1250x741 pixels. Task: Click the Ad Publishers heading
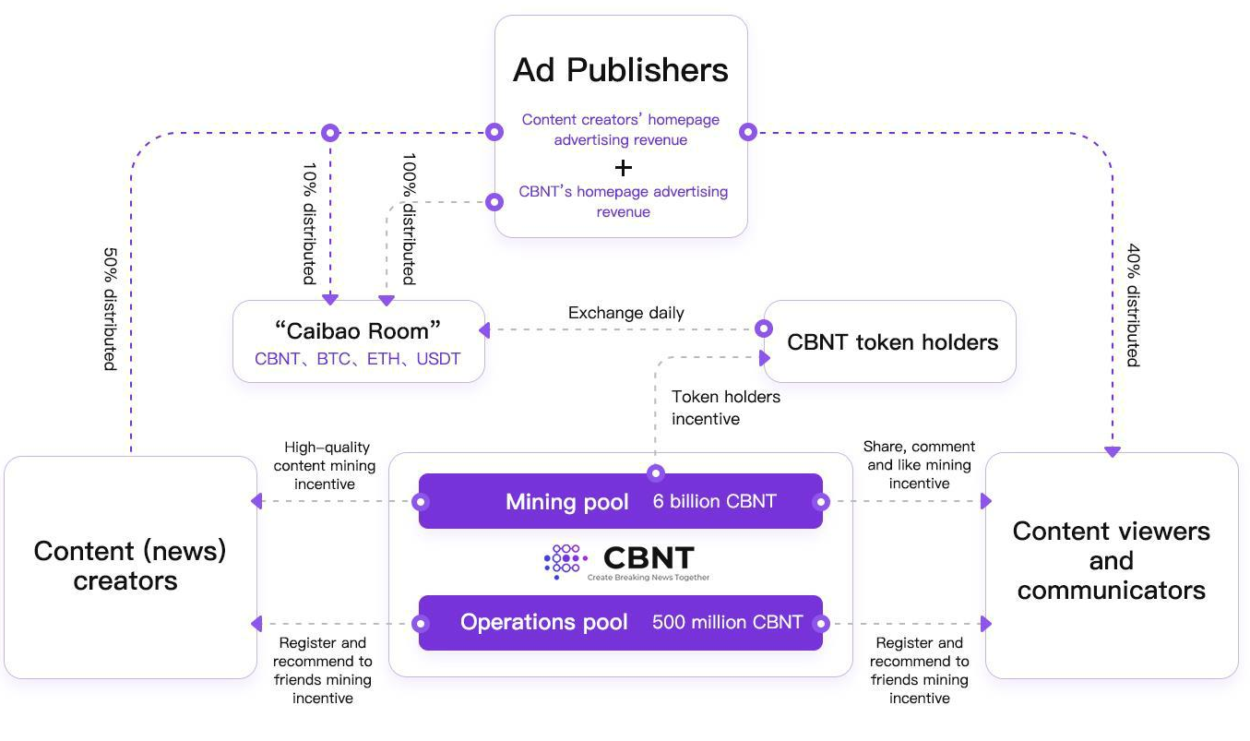pos(621,70)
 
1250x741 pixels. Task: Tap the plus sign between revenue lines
pos(624,167)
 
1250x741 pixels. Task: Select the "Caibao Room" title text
pos(358,331)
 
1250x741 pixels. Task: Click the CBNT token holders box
pos(891,342)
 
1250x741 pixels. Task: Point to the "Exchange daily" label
pos(626,313)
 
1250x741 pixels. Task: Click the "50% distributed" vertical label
pos(110,308)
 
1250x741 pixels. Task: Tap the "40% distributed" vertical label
pos(1134,305)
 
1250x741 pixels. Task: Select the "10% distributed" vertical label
pos(310,224)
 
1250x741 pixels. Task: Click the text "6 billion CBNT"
pos(715,502)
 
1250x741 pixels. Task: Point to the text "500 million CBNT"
pos(727,622)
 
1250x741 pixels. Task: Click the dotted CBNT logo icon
pos(565,560)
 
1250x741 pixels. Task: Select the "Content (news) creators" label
pos(130,566)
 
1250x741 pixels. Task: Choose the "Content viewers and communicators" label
pos(1111,560)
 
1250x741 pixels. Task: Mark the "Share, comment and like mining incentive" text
pos(919,465)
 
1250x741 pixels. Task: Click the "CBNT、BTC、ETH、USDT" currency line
pos(358,359)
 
